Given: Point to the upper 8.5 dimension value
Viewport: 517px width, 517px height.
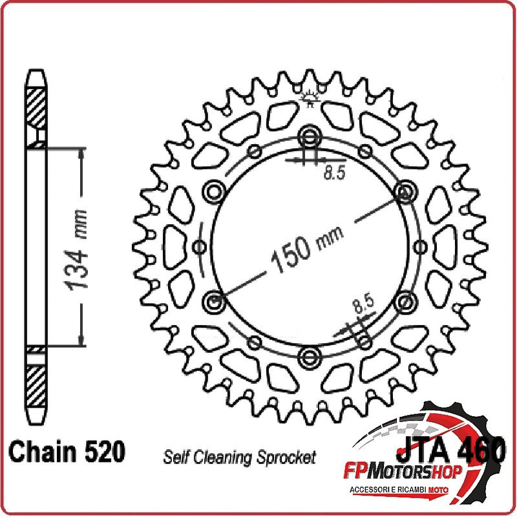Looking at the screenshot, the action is click(334, 173).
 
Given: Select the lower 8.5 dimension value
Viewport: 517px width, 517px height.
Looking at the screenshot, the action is click(364, 303).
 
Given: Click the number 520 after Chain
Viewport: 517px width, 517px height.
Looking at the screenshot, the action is click(105, 451).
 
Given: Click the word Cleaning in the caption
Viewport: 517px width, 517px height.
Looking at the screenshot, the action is click(223, 458).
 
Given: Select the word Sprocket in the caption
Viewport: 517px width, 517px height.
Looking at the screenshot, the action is click(286, 458).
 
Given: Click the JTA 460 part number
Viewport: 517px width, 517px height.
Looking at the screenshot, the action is click(450, 449).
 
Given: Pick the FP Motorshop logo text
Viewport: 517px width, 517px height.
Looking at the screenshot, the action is click(403, 472).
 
